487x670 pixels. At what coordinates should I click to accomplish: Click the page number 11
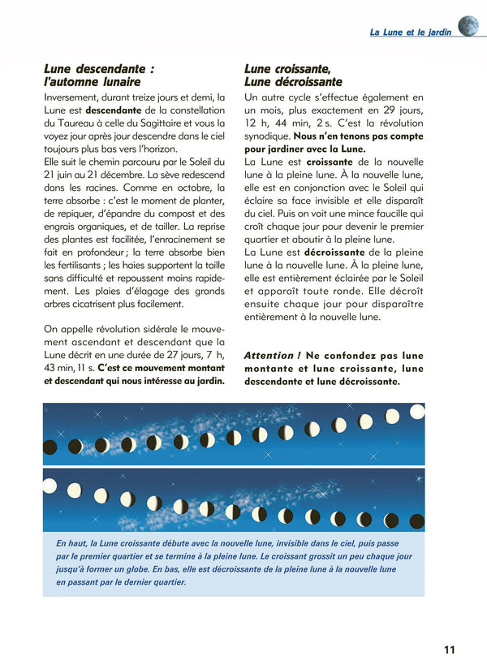point(450,648)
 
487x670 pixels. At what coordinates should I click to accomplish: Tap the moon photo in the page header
point(468,26)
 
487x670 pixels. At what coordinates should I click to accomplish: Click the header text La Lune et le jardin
point(411,32)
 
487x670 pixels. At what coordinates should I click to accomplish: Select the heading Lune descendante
point(98,69)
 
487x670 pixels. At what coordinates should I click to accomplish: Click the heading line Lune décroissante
point(293,82)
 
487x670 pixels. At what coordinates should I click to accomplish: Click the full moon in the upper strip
point(416,412)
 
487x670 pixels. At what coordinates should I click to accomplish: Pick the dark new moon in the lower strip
point(414,521)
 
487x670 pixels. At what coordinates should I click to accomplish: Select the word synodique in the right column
point(266,136)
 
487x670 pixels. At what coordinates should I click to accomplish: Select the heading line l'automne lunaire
point(92,82)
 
